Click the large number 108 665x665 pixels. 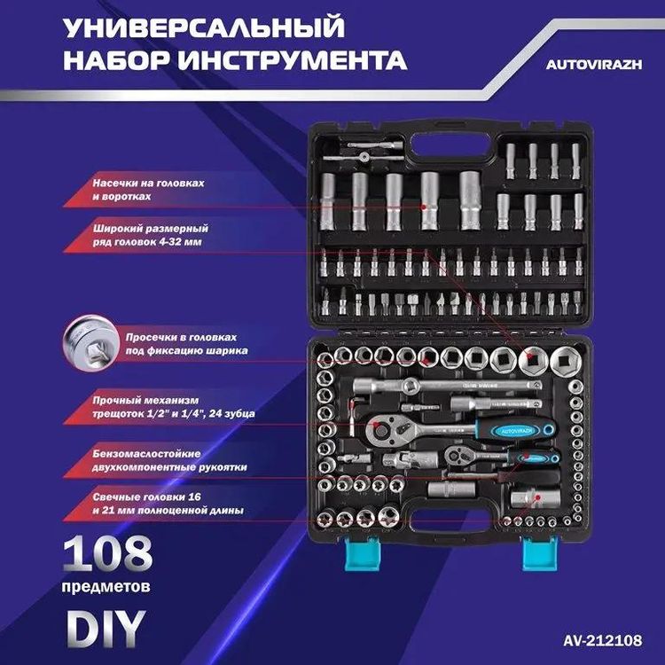point(107,556)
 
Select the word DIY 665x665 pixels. point(105,626)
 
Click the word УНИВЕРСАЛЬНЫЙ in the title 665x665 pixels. point(205,27)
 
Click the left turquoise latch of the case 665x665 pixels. point(362,554)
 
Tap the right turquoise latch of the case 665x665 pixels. point(536,554)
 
